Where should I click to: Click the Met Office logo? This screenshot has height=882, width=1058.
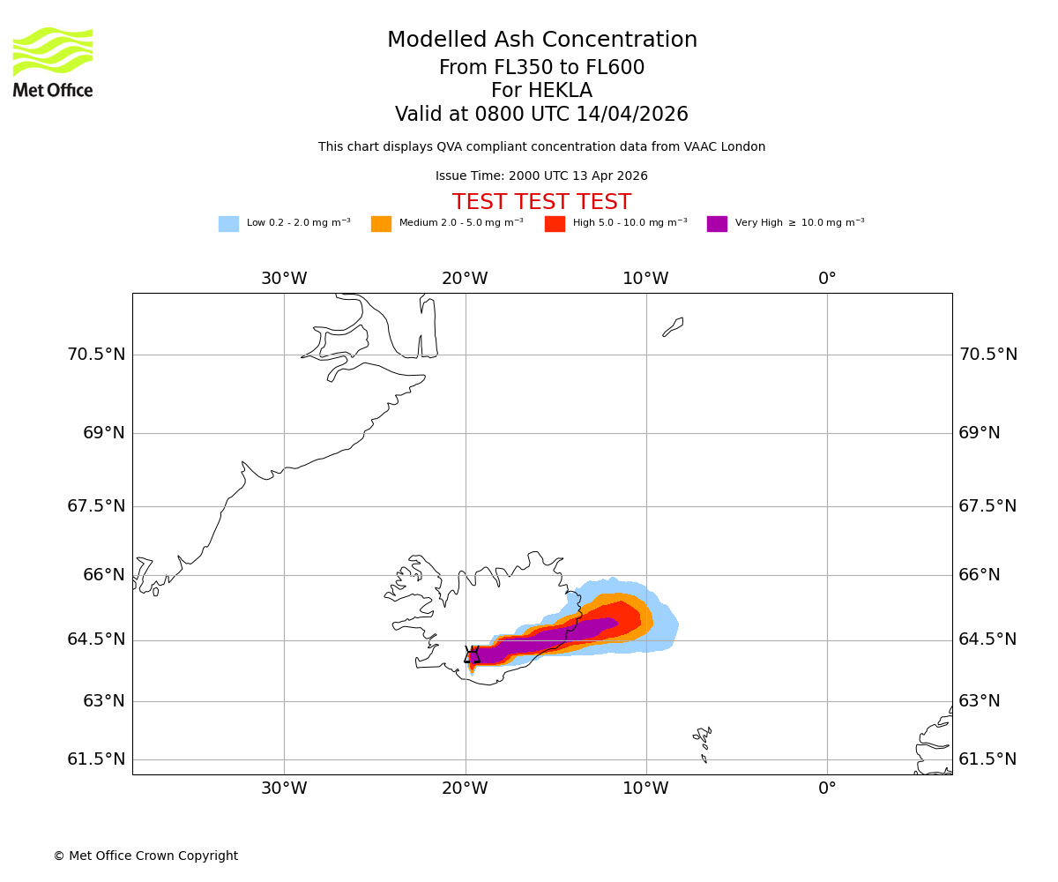[x=53, y=62]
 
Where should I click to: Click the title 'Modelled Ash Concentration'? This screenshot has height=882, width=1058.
[x=542, y=41]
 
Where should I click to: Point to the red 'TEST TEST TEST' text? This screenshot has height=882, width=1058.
[x=541, y=202]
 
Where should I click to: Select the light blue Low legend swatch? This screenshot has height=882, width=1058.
[x=228, y=224]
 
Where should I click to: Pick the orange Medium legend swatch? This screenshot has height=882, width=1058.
[x=381, y=224]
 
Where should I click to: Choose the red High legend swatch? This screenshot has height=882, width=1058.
[x=555, y=224]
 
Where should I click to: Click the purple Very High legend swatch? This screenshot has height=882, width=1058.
[x=717, y=224]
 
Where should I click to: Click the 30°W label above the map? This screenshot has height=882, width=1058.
[x=284, y=279]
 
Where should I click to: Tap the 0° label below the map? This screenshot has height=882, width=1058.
[x=827, y=789]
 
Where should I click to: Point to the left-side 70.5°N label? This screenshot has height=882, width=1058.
[x=96, y=355]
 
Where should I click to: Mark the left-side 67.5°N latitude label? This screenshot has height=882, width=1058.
[x=96, y=506]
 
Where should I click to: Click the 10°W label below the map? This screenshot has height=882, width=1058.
[x=645, y=789]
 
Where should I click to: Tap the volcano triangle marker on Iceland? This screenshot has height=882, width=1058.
[x=472, y=654]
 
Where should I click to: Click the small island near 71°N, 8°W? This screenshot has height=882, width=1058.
[x=674, y=326]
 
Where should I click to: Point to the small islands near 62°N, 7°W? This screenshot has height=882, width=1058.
[x=703, y=741]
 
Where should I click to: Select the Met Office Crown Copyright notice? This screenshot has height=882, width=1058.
[x=145, y=856]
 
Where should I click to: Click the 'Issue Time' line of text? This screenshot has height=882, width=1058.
[x=541, y=176]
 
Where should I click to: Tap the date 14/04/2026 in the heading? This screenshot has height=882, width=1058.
[x=632, y=115]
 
